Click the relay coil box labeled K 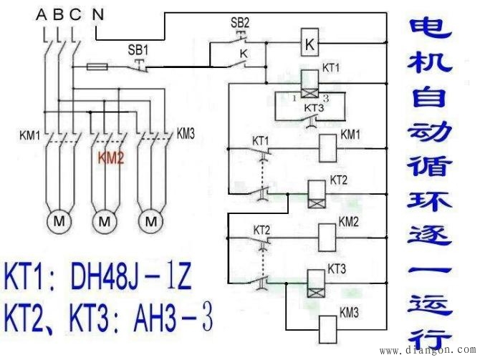308,44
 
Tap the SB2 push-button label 239,23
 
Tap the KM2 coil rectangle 326,235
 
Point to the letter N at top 98,14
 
